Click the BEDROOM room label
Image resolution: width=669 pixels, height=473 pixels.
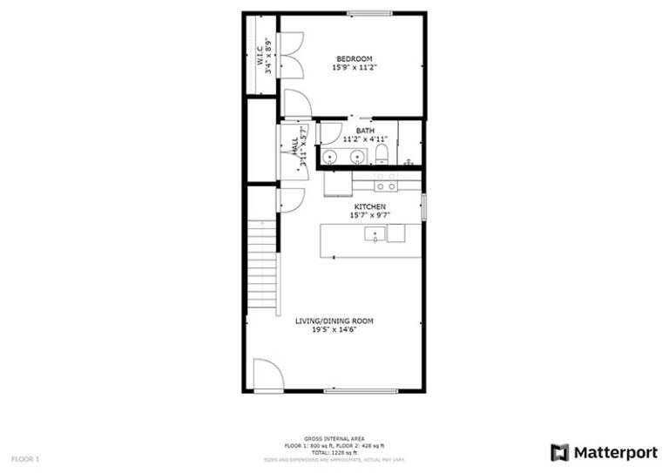355,58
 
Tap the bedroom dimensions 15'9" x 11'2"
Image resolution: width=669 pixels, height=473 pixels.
355,67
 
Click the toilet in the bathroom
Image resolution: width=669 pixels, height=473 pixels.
382,155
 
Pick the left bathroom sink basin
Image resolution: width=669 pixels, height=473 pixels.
330,157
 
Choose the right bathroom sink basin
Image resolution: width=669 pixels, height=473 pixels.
356,157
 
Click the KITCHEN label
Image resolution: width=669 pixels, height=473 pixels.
369,206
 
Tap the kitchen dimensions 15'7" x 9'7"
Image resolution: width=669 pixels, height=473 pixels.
369,215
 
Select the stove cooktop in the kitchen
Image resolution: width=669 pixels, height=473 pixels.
386,182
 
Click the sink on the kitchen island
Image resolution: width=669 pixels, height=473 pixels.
375,233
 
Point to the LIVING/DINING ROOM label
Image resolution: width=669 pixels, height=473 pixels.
334,321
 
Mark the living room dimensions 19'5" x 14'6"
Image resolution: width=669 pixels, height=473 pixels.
334,330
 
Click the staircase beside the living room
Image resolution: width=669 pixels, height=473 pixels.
262,266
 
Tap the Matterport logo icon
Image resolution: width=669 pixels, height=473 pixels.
559,452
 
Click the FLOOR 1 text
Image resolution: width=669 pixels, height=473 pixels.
25,457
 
